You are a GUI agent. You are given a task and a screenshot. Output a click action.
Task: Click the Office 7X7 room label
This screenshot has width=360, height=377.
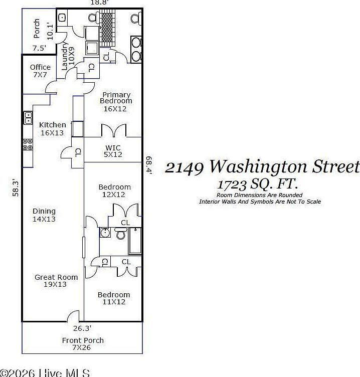coord(40,71)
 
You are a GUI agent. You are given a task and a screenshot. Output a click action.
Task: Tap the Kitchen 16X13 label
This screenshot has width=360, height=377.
coord(53,129)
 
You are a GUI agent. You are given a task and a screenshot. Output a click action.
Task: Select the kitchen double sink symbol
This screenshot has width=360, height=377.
coord(28,118)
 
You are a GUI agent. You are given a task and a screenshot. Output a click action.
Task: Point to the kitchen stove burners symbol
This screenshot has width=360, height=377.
coord(28,144)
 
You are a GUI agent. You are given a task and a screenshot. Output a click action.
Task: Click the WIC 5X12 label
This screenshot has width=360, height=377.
coord(113,151)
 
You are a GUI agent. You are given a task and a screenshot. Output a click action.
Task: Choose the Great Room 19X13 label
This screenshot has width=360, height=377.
coord(56,281)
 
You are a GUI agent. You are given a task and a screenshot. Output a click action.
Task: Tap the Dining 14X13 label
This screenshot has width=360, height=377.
coord(44,215)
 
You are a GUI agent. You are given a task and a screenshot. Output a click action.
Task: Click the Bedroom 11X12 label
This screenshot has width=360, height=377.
coord(114,298)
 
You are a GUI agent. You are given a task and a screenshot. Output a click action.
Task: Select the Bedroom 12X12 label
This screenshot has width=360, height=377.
coord(114,191)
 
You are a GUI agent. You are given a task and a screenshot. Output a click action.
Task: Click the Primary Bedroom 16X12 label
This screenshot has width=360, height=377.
coord(116,101)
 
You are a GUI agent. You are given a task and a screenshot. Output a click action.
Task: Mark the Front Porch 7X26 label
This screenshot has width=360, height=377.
coord(83,344)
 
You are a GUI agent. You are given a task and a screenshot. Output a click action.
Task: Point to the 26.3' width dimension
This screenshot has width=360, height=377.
coord(82,329)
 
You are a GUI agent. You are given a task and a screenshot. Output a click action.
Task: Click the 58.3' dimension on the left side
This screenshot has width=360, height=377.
coord(16,189)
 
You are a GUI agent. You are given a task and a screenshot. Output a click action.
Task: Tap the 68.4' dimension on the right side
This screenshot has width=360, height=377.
coord(149,164)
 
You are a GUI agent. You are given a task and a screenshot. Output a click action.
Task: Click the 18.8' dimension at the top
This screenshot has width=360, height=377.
coord(98,3)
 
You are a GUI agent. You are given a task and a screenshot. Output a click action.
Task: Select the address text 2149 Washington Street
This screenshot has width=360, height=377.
coord(262,167)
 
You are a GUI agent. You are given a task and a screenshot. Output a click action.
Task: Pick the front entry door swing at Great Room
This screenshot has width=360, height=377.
coord(73,316)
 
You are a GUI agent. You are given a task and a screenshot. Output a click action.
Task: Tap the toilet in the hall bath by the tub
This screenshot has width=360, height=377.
coord(121,234)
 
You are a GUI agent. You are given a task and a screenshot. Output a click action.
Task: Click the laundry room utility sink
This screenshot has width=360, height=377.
coord(62,17)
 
